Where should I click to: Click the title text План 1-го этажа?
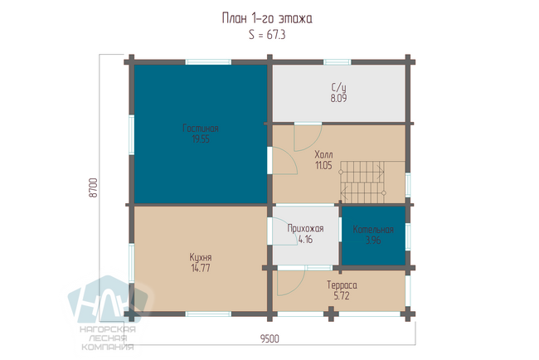[267, 18]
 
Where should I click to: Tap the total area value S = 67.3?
[267, 35]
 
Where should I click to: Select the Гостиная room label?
[201, 129]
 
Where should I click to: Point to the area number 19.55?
[201, 139]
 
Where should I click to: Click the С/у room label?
[338, 87]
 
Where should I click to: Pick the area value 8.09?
[338, 99]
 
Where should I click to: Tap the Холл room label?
[323, 155]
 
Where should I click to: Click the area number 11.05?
[323, 165]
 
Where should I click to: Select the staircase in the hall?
[362, 182]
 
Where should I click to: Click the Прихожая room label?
[306, 229]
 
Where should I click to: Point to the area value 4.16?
[306, 240]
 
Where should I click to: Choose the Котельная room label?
[373, 230]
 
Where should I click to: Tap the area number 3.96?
[373, 241]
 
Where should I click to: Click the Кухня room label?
[201, 257]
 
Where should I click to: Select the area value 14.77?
[201, 268]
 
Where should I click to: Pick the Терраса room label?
[342, 285]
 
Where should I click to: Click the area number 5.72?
[342, 295]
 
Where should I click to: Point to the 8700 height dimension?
[94, 187]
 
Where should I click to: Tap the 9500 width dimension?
[269, 339]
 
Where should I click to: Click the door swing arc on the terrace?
[300, 287]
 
